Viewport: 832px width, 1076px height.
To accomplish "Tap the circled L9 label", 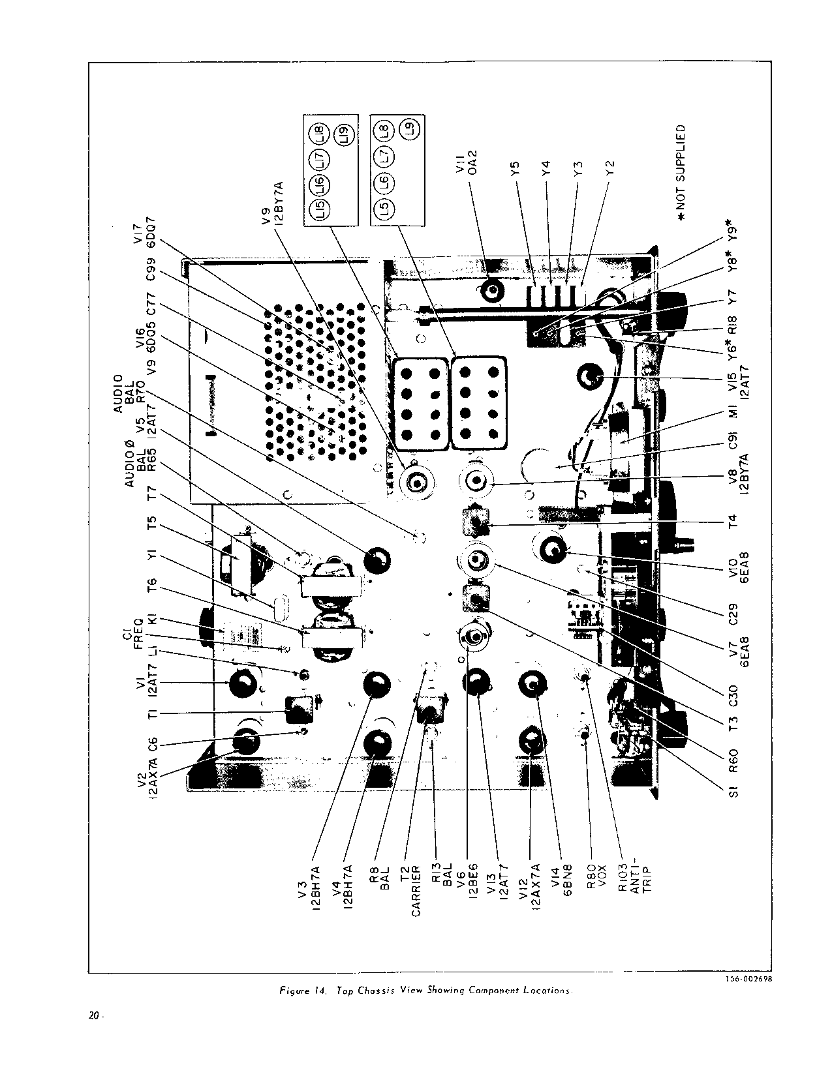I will [x=410, y=128].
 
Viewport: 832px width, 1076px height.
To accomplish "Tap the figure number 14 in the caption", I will [x=320, y=992].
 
